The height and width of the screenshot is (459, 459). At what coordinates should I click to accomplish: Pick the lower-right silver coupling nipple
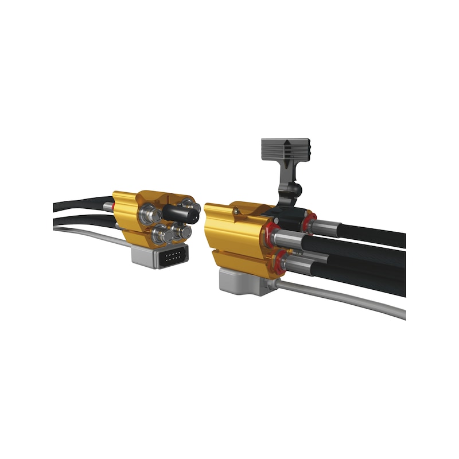tap(182, 231)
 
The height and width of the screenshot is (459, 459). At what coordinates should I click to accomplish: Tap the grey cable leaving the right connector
tap(344, 298)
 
